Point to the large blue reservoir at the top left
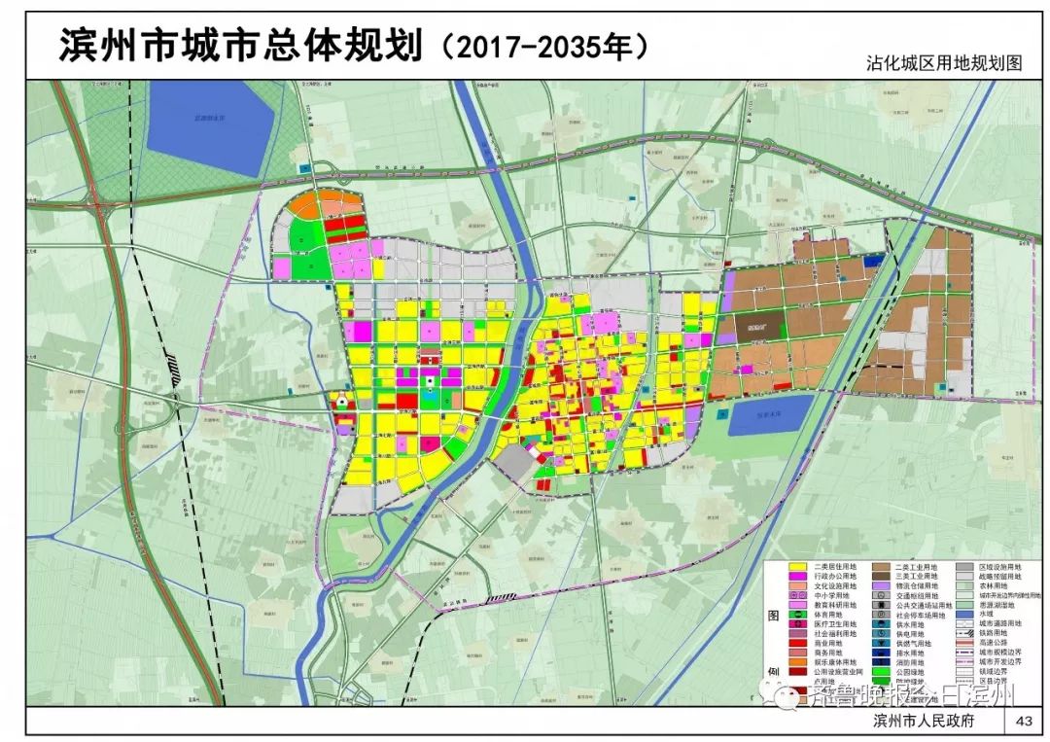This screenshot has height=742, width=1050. coord(212,126)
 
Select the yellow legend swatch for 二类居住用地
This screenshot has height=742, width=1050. coord(798,567)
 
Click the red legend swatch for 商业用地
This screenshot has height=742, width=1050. coord(798,643)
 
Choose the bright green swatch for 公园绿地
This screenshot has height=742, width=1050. coord(881,671)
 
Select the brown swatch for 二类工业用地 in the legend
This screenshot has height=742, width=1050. coord(881,567)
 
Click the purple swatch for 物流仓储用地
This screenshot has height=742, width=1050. coord(881,585)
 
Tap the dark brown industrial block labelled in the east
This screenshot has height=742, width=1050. coord(752,329)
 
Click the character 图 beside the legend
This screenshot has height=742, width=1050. coord(773,616)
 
